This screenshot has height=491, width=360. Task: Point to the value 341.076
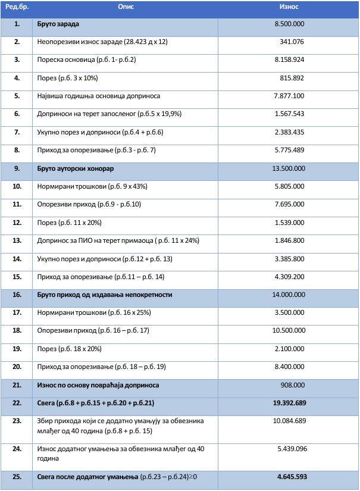coord(292,42)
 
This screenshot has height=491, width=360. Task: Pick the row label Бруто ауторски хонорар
coord(75,168)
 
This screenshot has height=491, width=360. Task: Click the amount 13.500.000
coord(289,168)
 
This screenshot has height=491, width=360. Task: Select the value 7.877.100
coord(289,96)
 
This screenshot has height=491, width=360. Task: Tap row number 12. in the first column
coord(17,222)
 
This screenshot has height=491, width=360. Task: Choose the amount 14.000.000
coord(289,295)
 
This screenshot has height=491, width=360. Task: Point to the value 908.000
coord(293,385)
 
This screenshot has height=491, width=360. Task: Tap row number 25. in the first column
coord(17,477)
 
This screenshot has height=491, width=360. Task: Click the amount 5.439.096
coord(292,448)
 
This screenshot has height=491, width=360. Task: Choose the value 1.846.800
coord(290,240)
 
